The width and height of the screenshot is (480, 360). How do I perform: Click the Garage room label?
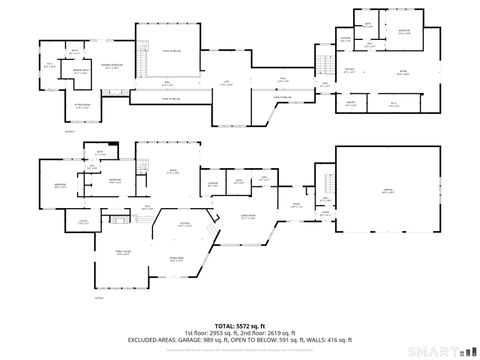[x=385, y=190]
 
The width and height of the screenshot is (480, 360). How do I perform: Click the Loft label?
[x=226, y=83]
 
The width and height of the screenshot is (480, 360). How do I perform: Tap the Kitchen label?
[x=184, y=223]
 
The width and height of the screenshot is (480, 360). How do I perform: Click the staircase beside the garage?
[x=327, y=186]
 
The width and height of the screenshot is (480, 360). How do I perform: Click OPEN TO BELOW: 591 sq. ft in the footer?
[x=260, y=340]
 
